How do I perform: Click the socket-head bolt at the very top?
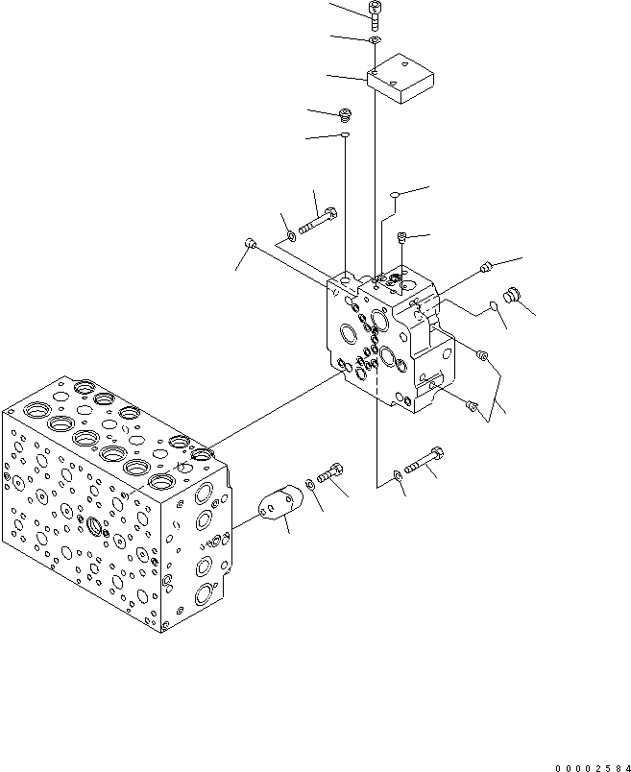374,12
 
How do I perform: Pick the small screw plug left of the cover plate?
347,115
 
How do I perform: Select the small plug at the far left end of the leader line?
250,242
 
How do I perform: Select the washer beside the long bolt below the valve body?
397,474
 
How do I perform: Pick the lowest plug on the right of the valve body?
471,407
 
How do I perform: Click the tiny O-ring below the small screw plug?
344,136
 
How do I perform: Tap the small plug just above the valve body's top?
402,236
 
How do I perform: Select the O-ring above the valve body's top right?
394,197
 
